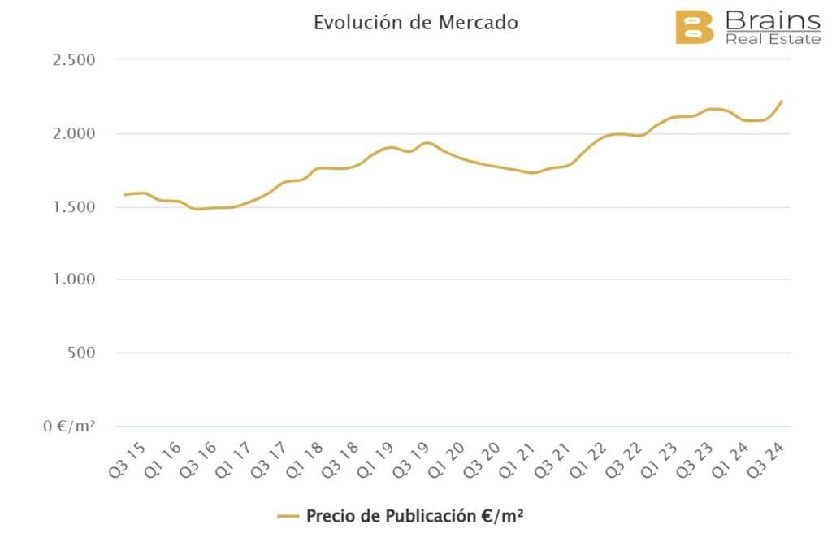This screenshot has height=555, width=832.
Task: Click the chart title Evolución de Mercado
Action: pyautogui.click(x=416, y=22)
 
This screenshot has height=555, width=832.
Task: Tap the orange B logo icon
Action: pyautogui.click(x=695, y=27)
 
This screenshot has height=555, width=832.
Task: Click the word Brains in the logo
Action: pyautogui.click(x=772, y=20)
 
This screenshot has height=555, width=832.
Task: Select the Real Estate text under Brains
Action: pyautogui.click(x=773, y=38)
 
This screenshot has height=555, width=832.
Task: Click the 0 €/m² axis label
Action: pyautogui.click(x=70, y=426)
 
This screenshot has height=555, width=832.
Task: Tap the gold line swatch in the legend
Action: pyautogui.click(x=288, y=516)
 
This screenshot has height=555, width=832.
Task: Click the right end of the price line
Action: pyautogui.click(x=782, y=101)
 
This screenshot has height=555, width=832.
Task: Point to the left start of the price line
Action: pyautogui.click(x=124, y=195)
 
